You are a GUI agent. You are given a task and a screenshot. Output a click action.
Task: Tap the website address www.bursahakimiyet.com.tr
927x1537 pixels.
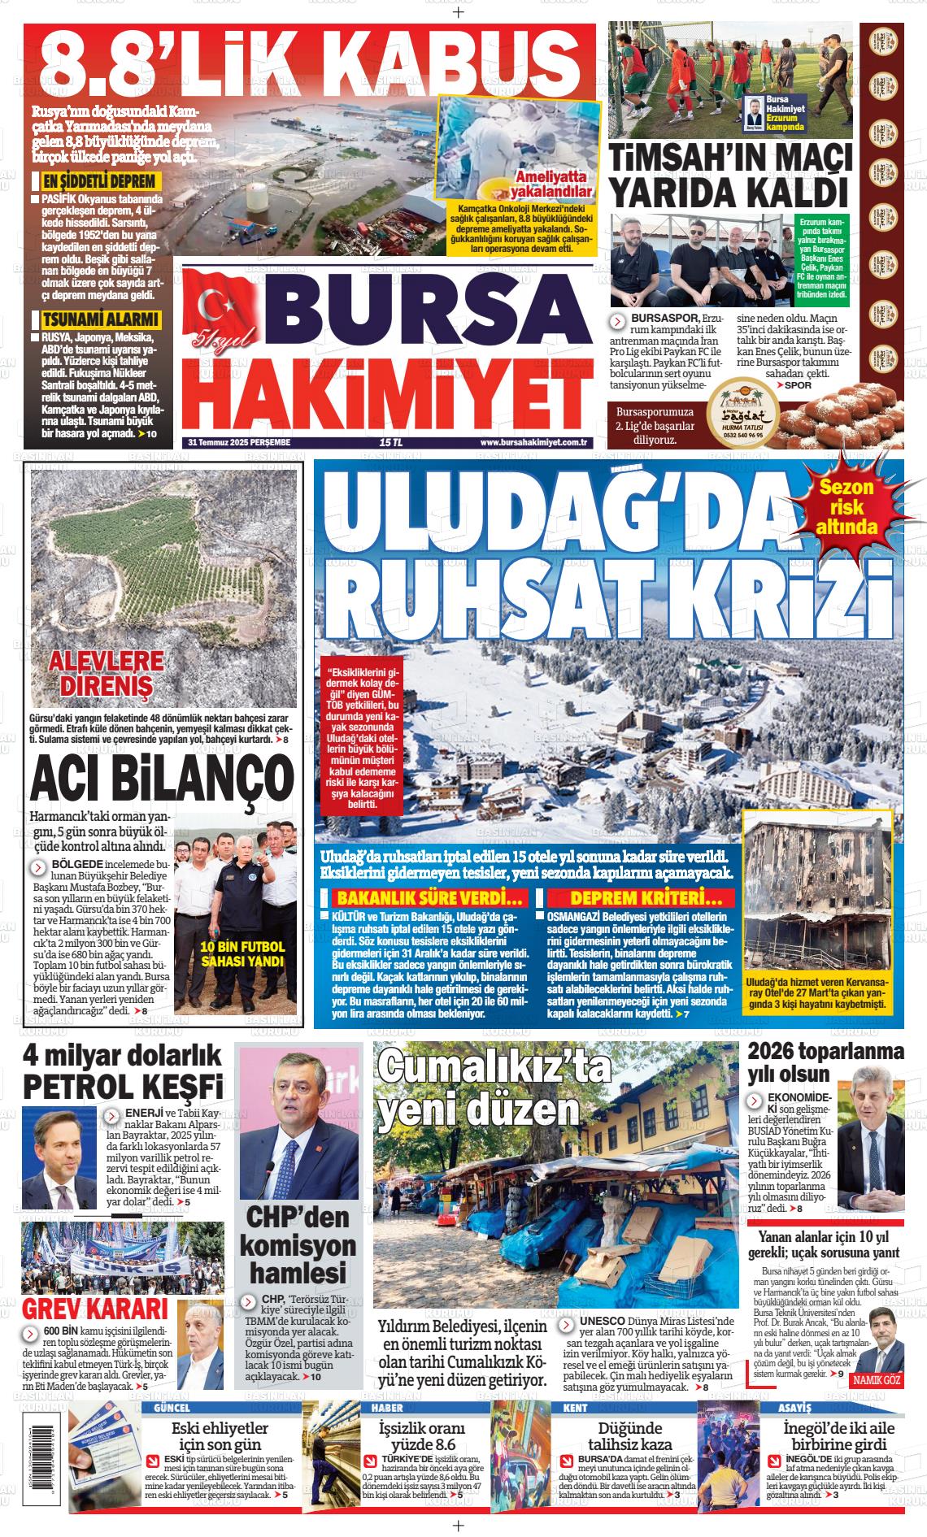click(533, 442)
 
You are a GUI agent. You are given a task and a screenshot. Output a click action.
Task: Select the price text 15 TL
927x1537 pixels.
click(391, 442)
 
